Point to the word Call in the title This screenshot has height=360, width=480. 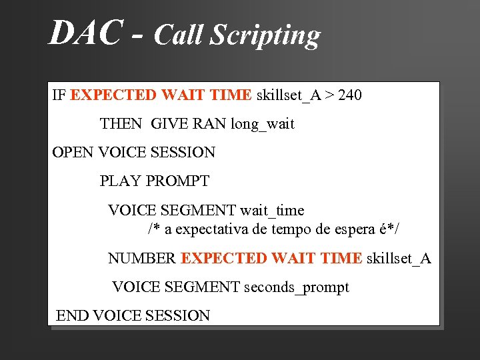click(179, 35)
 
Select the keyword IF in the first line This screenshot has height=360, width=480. click(59, 95)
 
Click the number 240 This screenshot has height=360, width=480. click(350, 95)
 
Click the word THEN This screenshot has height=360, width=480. click(121, 124)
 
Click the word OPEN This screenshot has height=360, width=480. click(73, 153)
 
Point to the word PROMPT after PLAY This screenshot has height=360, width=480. click(177, 181)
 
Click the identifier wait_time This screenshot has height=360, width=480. click(272, 211)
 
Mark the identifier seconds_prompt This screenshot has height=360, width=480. click(297, 288)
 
